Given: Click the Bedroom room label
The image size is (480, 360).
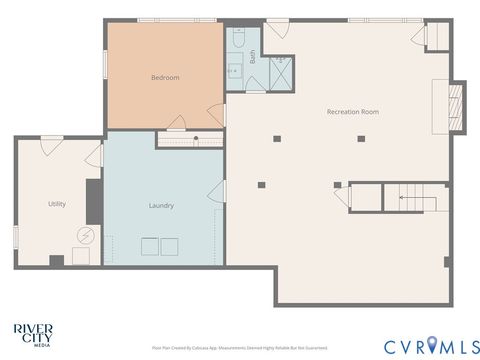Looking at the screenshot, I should click(165, 77).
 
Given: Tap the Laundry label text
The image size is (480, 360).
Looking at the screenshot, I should click(161, 206).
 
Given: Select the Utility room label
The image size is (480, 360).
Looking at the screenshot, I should click(57, 204).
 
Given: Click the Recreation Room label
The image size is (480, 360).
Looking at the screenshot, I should click(352, 111).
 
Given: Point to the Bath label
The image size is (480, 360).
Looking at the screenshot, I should click(253, 58).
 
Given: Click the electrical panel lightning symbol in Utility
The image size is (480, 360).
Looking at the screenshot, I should click(86, 237).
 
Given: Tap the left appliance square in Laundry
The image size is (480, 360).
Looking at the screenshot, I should click(149, 247).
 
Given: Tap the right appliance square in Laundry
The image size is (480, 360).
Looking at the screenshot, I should click(169, 247).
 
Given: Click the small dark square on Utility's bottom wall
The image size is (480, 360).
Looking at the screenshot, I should click(56, 261).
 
